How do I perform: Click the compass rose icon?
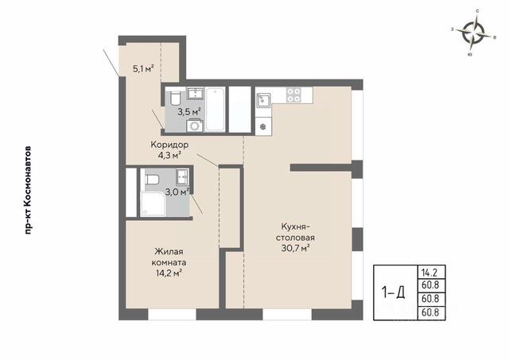coord(474,33)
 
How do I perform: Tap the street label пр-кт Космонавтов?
coord(29,191)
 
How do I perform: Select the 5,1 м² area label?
coord(143,69)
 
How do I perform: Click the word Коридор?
coord(169,145)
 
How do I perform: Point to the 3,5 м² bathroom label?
coord(189,112)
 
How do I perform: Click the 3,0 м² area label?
coord(177,192)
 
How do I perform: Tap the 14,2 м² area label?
coord(169,273)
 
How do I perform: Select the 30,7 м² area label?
coord(295,249)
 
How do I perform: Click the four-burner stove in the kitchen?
coord(293,95)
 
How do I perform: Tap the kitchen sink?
coord(263,100)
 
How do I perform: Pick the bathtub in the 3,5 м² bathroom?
coord(216,110)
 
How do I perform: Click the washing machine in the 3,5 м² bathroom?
coord(195,126)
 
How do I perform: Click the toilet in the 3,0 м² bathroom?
coord(152,179)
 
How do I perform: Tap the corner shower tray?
coord(153,204)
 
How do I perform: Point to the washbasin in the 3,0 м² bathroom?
coord(182,177)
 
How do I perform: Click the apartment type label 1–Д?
coord(393,293)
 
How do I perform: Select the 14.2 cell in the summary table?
coord(430,273)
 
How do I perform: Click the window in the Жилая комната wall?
coord(172,315)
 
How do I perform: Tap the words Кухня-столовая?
coord(295,232)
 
